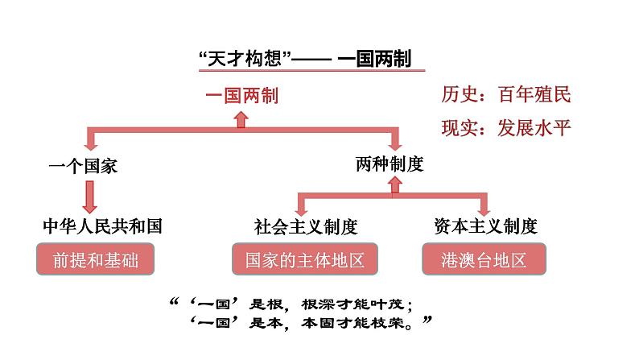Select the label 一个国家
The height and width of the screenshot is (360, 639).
pyautogui.click(x=84, y=166)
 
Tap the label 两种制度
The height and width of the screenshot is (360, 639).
pyautogui.click(x=390, y=163)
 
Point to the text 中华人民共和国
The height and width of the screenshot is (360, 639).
pyautogui.click(x=102, y=226)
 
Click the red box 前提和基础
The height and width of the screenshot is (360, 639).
pyautogui.click(x=93, y=261)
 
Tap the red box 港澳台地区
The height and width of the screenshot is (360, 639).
pyautogui.click(x=484, y=261)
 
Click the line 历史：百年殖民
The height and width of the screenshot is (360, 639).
pyautogui.click(x=506, y=95)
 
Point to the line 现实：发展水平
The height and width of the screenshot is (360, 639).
pyautogui.click(x=506, y=127)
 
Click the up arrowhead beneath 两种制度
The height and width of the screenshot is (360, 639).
pyautogui.click(x=393, y=184)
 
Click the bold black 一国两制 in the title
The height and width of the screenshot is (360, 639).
pyautogui.click(x=377, y=59)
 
